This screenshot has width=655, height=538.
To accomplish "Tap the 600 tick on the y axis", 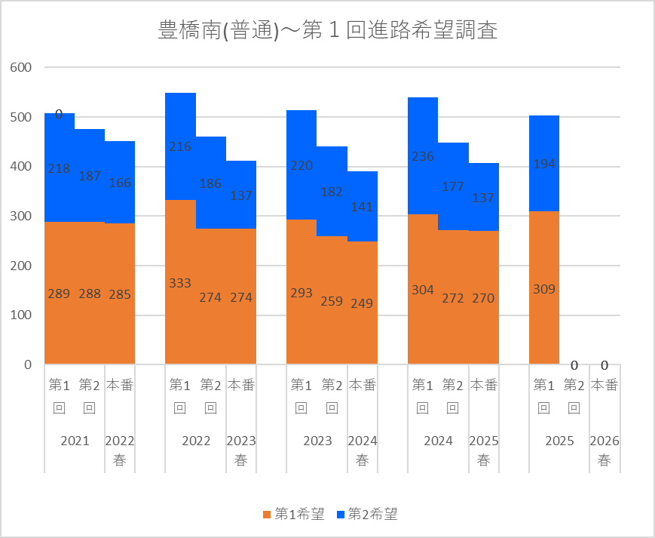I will click(x=21, y=68).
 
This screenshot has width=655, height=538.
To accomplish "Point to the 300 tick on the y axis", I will click(x=21, y=217).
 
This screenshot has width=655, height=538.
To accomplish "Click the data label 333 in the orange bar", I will click(x=180, y=283).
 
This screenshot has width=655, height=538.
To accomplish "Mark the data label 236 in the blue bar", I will click(x=423, y=156).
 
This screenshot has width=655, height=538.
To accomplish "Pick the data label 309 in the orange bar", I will click(x=543, y=287).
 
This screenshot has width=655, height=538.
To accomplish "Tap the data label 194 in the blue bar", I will click(x=543, y=164).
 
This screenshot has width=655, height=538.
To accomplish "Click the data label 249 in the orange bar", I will click(x=362, y=303).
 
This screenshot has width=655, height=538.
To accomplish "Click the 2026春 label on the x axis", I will click(x=604, y=450).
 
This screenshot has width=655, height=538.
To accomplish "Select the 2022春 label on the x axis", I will click(x=120, y=450).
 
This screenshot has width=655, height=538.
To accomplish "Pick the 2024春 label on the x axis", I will click(x=362, y=450).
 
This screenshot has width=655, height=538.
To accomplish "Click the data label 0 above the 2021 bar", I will click(x=59, y=115).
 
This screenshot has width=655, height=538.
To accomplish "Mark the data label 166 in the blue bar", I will click(x=120, y=183).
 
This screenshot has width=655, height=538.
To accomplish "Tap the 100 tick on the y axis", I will click(x=21, y=315).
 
